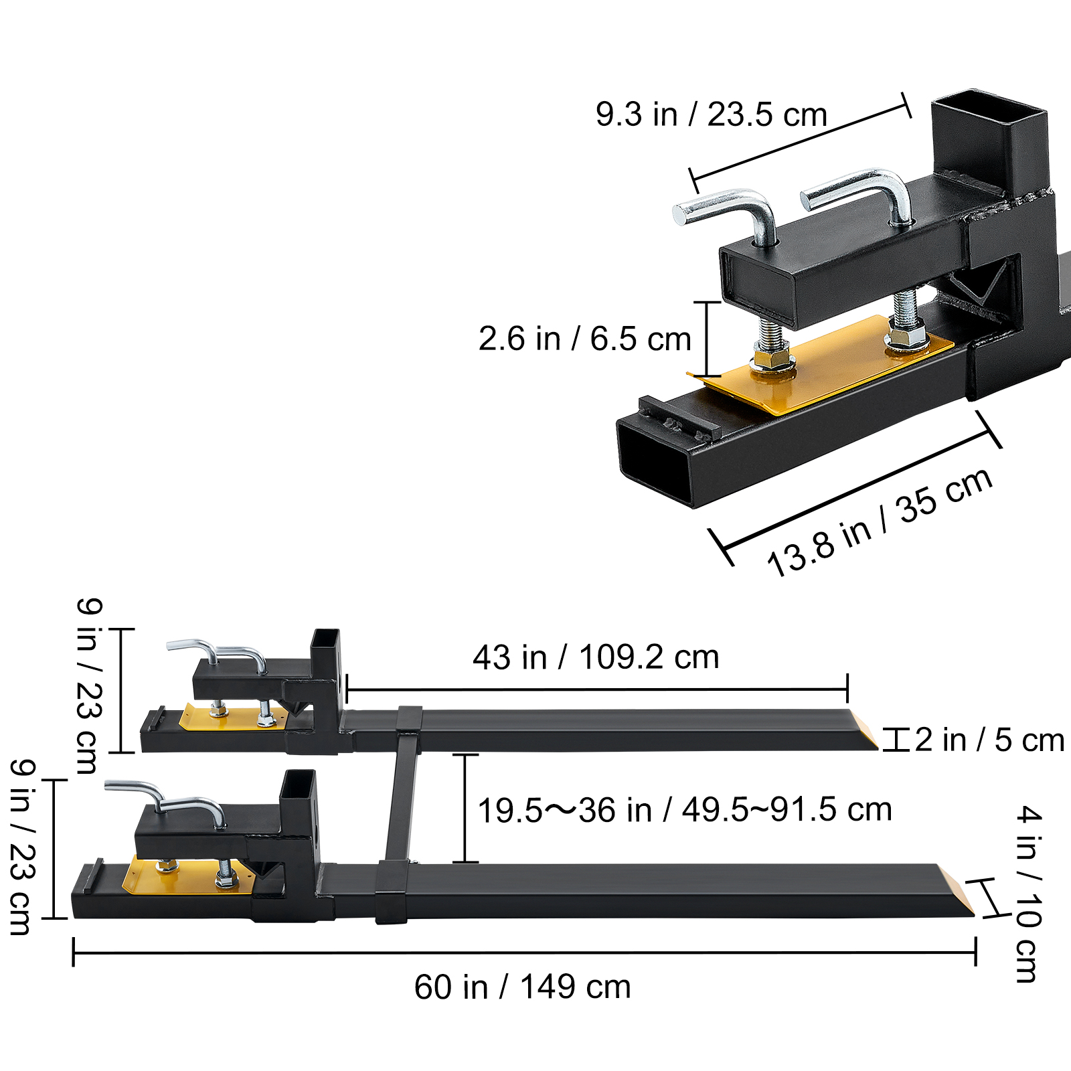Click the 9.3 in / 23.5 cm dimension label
point(711,114)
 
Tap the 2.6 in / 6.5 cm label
point(584,339)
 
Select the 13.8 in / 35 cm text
point(879,521)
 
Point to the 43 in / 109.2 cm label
point(596,657)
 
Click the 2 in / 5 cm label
point(989,740)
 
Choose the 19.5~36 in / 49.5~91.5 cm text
point(684,810)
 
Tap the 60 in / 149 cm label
point(522,987)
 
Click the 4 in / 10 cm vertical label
point(1027,894)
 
